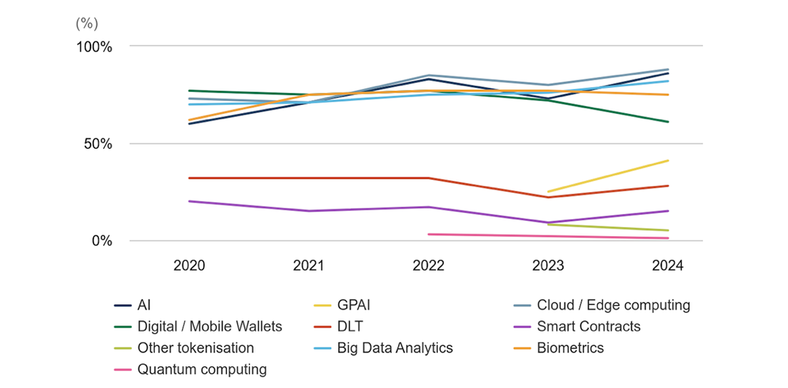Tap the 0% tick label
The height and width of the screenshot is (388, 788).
(102, 241)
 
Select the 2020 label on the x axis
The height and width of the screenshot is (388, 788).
(189, 266)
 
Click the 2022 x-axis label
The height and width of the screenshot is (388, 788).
(428, 266)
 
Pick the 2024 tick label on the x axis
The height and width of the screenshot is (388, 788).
(668, 266)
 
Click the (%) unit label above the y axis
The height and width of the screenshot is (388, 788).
(87, 24)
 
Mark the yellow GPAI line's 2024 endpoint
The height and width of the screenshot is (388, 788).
(668, 160)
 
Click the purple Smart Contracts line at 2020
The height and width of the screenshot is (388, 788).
(189, 201)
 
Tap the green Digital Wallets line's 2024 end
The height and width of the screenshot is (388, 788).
(668, 122)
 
